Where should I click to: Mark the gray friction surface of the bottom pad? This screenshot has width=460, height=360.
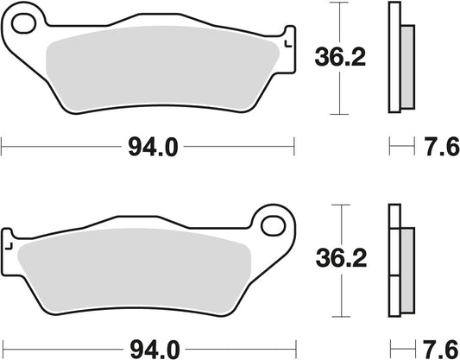point(138,268)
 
